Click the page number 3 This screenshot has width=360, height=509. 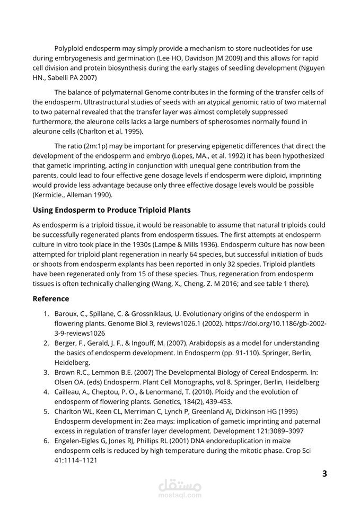coord(324,473)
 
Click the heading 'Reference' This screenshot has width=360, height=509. coord(50,299)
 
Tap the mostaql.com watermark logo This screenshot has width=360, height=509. coord(180,487)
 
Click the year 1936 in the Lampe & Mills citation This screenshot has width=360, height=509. coord(203,245)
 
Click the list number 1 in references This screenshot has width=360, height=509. coord(46,313)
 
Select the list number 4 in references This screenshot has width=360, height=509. coord(46,392)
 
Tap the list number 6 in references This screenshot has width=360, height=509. coord(46,441)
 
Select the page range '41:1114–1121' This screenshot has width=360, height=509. coord(76,460)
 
